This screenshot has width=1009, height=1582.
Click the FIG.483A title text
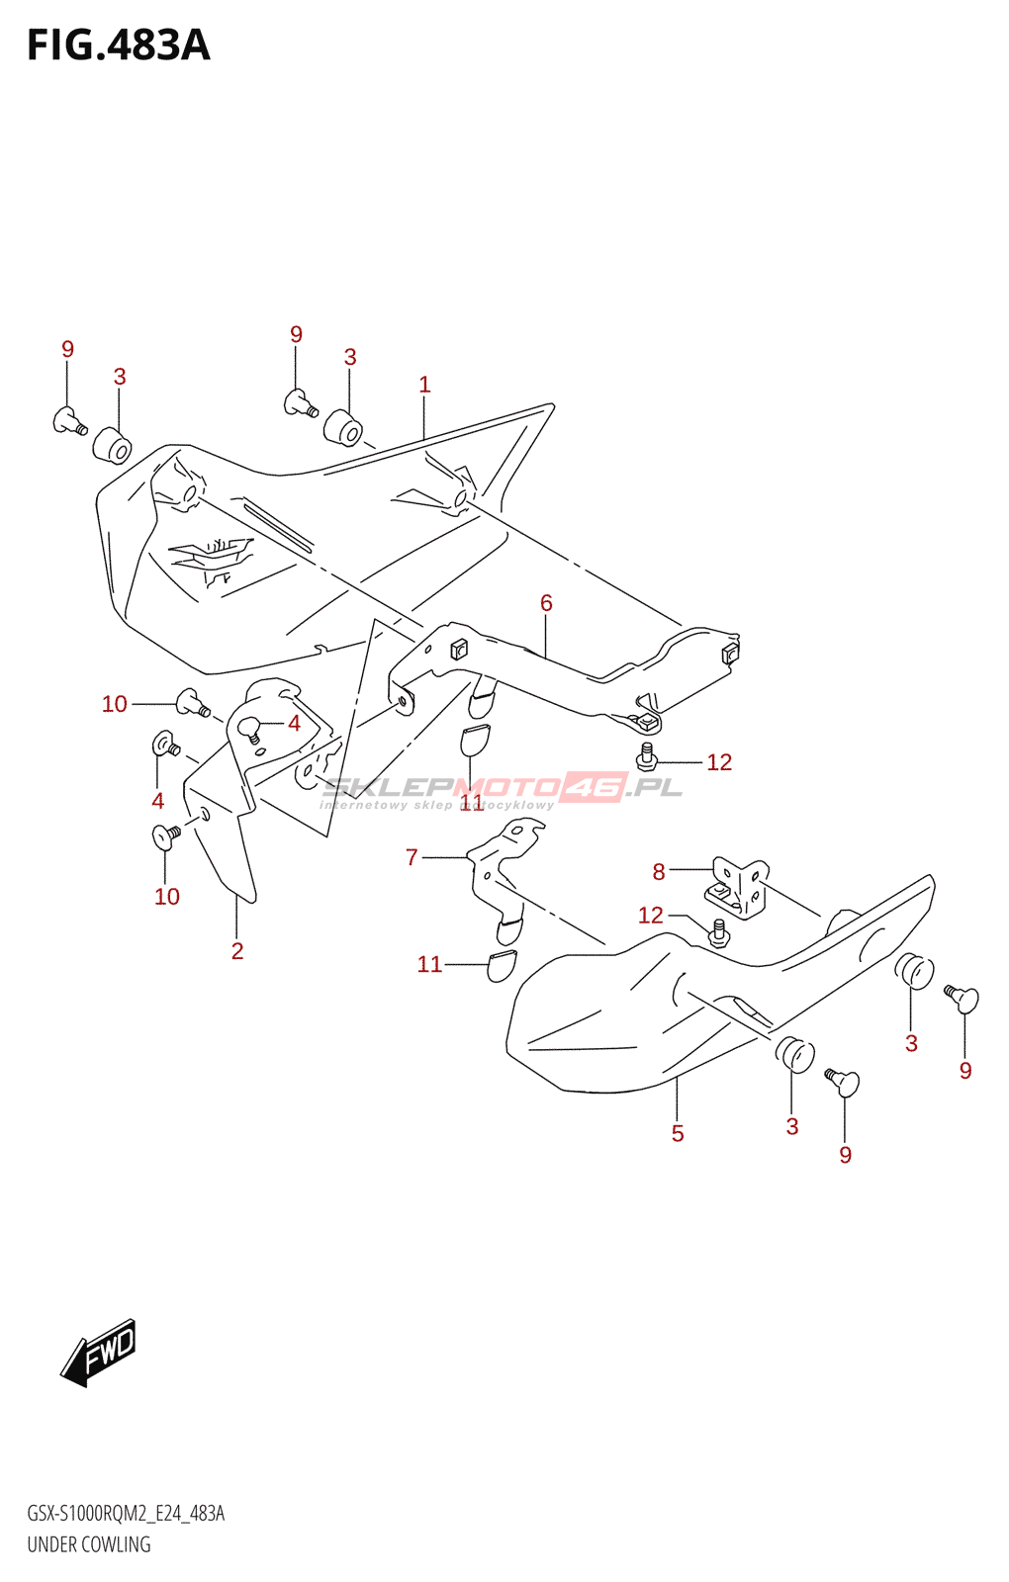point(119,45)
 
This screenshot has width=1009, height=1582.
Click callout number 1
point(424,385)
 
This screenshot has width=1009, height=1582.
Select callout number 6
point(546,603)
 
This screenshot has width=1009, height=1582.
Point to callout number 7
point(413,857)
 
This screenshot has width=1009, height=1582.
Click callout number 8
point(659,871)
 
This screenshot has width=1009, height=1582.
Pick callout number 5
point(678,1133)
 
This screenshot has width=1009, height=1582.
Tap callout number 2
point(237,950)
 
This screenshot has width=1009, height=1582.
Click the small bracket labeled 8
point(737,887)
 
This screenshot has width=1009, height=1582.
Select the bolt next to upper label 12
point(647,757)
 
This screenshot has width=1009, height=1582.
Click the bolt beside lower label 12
point(719,931)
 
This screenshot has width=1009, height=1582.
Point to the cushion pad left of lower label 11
point(502,965)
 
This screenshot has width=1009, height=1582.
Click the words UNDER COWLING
point(89,1544)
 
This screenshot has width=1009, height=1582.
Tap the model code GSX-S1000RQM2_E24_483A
point(126,1514)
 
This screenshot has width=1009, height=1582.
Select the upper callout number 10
point(115,704)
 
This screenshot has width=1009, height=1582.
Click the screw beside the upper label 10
point(191,703)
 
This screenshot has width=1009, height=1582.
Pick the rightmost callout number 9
point(965,1070)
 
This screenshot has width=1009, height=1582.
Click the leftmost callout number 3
point(120,377)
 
